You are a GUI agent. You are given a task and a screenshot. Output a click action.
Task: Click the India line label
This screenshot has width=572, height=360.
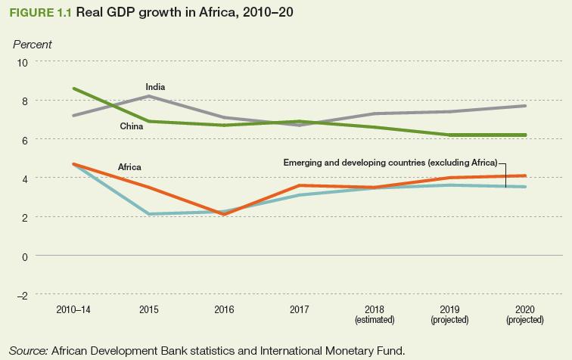(155, 88)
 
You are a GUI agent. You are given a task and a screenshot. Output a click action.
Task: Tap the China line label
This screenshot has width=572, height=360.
(132, 126)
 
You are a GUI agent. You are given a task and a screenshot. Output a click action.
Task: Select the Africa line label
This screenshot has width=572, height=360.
(129, 166)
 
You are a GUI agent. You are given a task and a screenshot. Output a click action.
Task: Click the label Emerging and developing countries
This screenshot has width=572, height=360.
(390, 163)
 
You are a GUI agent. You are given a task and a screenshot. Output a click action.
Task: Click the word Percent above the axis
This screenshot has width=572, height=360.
(32, 45)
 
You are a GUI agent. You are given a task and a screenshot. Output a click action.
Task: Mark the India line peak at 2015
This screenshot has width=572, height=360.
(148, 96)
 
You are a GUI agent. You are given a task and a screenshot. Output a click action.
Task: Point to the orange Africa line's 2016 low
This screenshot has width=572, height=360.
(225, 215)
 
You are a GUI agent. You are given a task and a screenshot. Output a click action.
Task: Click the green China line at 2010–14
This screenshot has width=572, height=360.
(73, 88)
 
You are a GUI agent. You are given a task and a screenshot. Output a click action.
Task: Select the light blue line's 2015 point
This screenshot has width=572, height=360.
(148, 214)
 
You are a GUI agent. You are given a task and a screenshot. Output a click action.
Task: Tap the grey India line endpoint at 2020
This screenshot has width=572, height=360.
(525, 106)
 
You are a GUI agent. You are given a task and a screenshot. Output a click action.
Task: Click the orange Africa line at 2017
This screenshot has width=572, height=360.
(300, 185)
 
